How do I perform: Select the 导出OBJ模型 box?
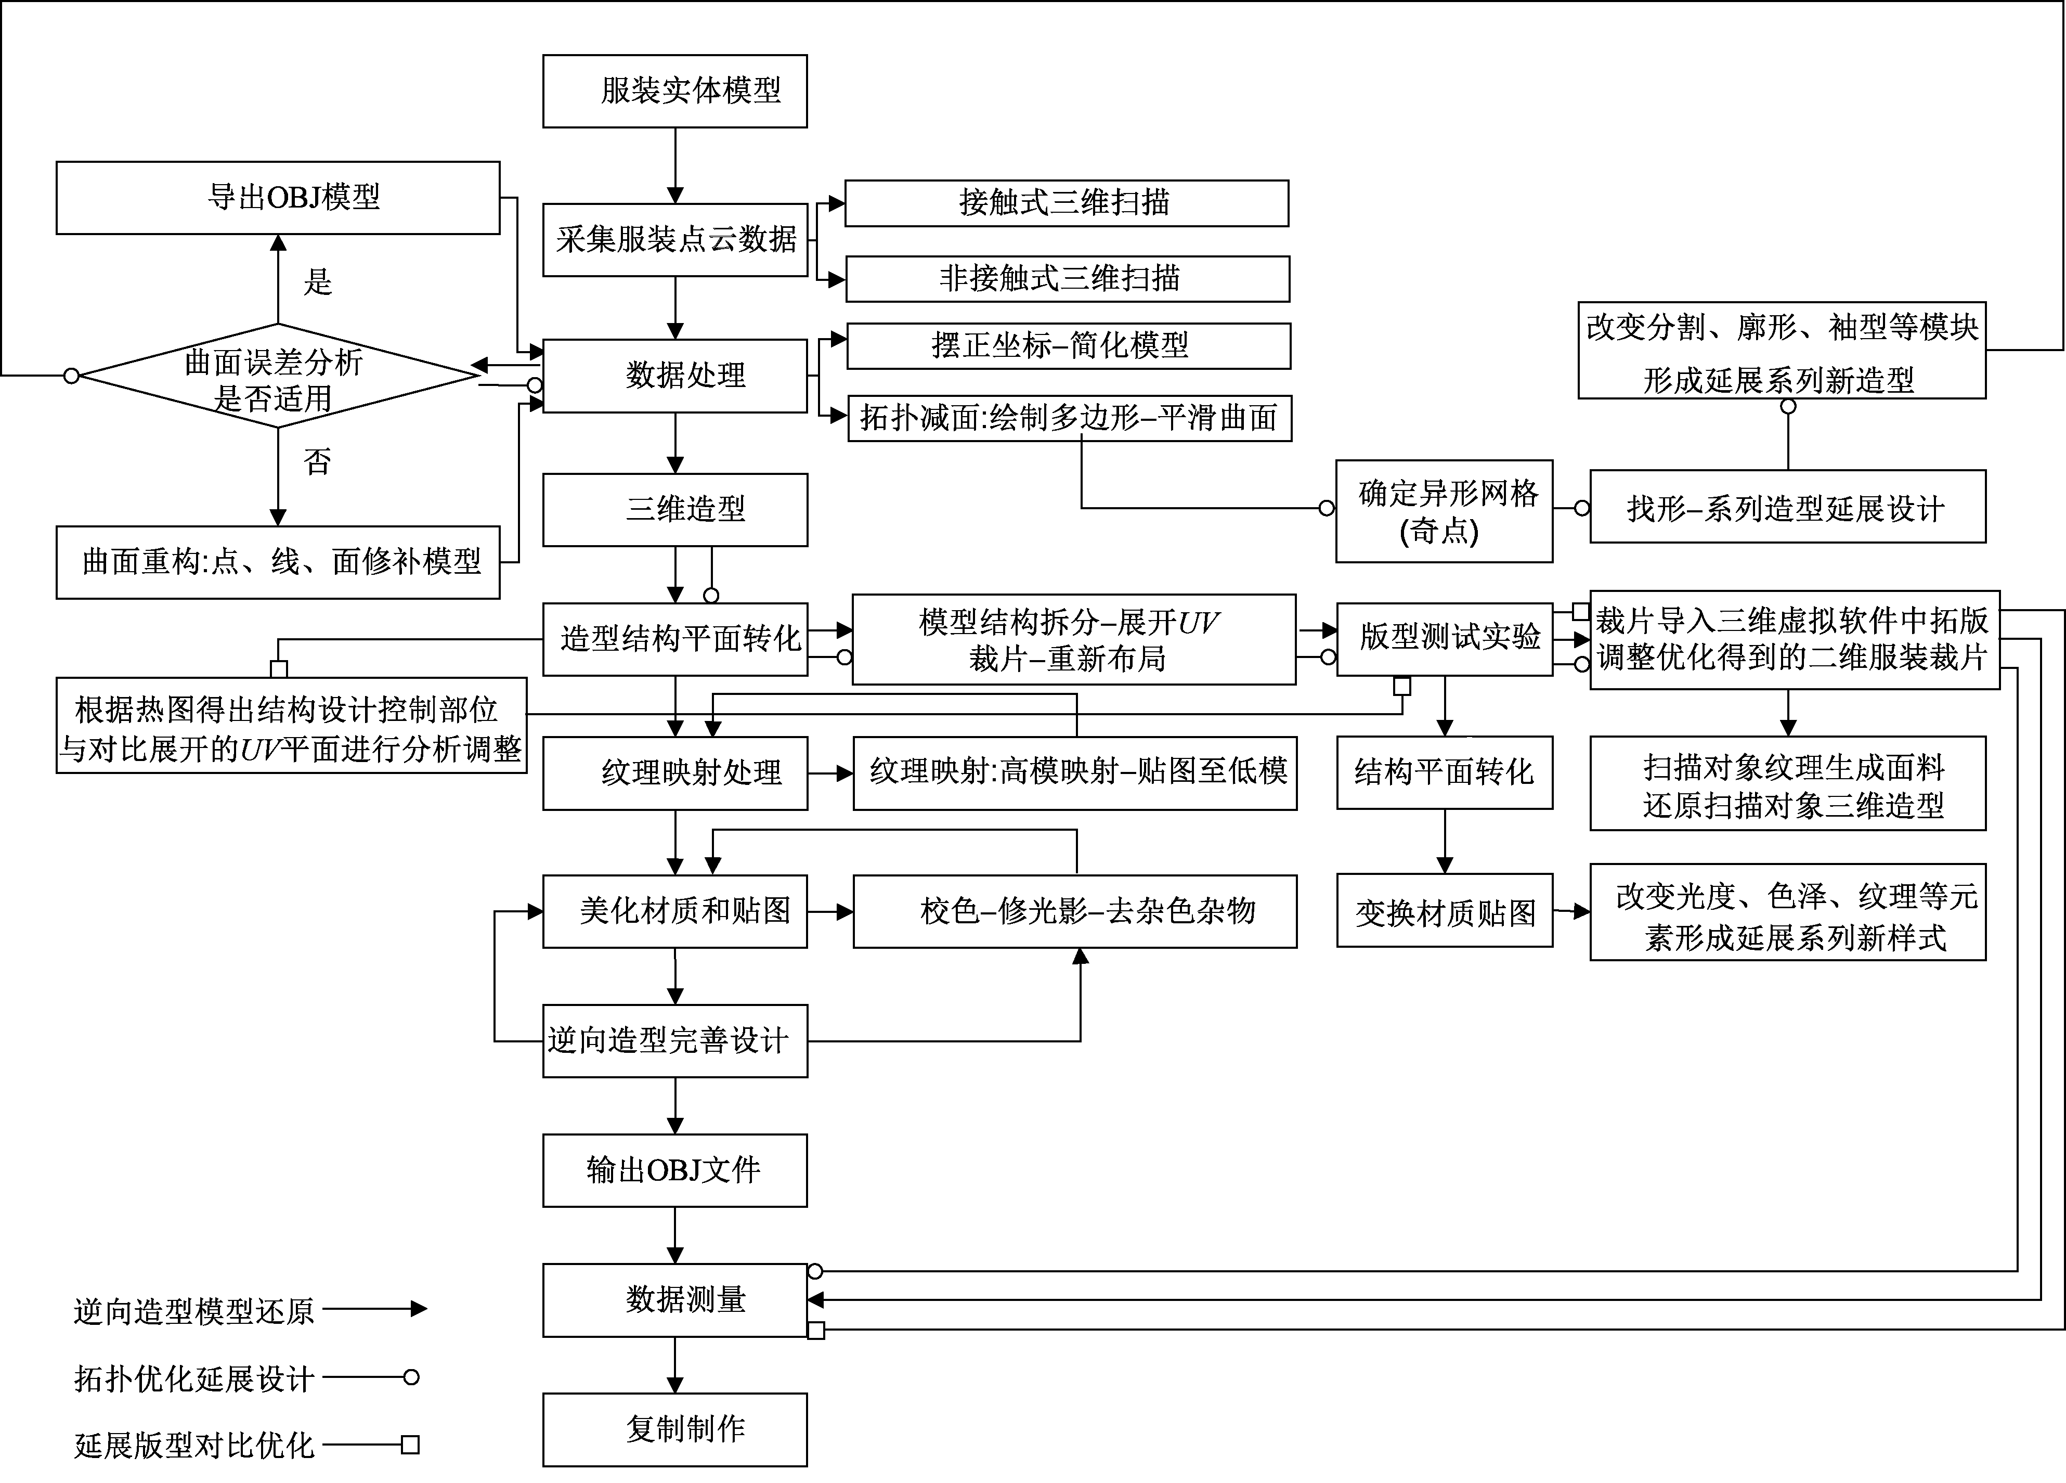[278, 198]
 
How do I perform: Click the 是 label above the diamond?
[317, 281]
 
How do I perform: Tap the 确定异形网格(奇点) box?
[1444, 511]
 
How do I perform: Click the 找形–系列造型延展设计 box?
[1787, 507]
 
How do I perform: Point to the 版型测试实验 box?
[1444, 639]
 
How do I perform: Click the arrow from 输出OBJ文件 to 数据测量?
[675, 1235]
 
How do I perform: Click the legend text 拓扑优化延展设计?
[194, 1378]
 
